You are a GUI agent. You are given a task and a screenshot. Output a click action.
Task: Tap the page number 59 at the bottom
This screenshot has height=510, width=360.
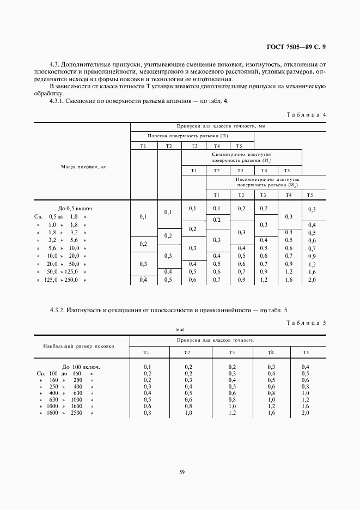point(182,472)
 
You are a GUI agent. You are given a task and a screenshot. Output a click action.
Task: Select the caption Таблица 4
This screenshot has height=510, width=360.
point(306,115)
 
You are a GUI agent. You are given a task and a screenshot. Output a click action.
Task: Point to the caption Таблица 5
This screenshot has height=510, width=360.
point(306,323)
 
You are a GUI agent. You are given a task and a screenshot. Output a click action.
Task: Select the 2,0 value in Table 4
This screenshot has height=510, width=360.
point(312,280)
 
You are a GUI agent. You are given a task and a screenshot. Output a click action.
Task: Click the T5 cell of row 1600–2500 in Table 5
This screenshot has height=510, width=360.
point(306,413)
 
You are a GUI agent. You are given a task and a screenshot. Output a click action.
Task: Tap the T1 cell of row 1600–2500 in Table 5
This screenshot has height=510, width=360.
point(147,413)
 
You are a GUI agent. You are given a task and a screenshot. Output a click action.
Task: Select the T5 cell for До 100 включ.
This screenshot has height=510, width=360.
point(306,367)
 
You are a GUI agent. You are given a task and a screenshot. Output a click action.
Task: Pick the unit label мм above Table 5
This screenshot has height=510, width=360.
point(180,330)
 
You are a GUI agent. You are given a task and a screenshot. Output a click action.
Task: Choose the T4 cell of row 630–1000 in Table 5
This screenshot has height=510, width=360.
point(271,400)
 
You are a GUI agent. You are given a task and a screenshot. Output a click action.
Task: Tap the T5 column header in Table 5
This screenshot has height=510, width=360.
point(306,353)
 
